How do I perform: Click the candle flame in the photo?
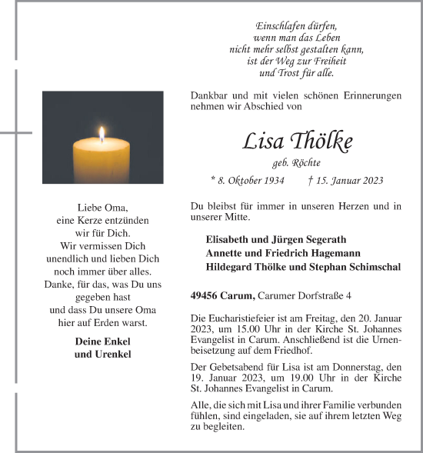102,135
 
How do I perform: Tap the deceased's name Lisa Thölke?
298,142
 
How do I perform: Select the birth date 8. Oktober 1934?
247,181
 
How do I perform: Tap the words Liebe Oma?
102,208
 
